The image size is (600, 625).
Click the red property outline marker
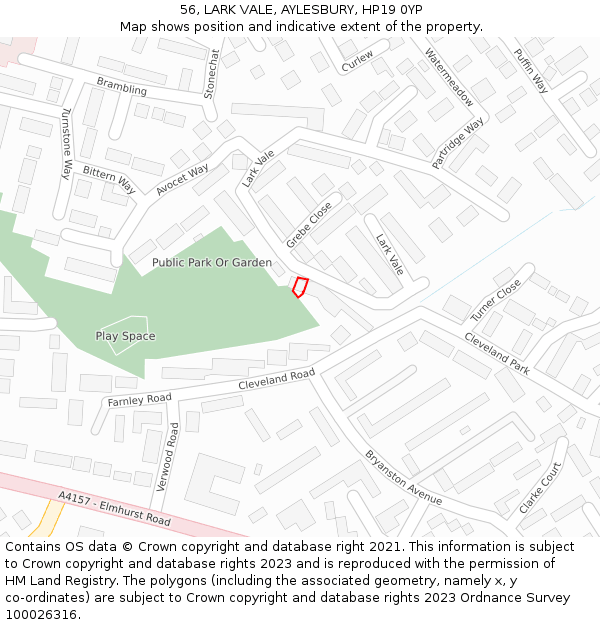(x=299, y=287)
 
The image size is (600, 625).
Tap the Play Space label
(x=125, y=336)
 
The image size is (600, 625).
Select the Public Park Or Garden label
(x=212, y=262)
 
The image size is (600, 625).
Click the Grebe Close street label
(x=308, y=225)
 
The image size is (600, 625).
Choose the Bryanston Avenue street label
(x=403, y=477)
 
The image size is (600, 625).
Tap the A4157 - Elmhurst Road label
(x=114, y=508)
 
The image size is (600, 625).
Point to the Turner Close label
(x=496, y=300)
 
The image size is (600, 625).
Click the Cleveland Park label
(x=496, y=353)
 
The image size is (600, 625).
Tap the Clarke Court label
(x=540, y=487)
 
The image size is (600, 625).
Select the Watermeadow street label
(x=449, y=77)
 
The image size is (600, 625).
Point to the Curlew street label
(x=357, y=61)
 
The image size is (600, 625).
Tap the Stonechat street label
(x=211, y=73)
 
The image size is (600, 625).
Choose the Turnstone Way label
(x=67, y=143)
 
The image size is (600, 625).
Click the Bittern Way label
(x=109, y=180)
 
